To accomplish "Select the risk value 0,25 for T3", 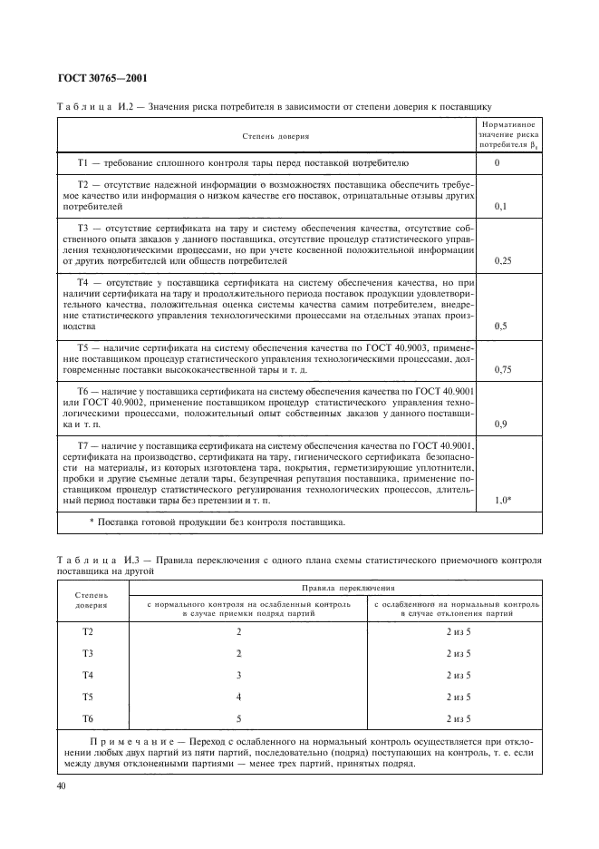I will (504, 260).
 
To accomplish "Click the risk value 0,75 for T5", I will (504, 369).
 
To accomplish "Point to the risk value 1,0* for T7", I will (505, 500).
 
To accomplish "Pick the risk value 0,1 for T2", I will (498, 207).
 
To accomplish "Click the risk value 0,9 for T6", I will (498, 424).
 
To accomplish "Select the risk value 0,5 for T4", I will (498, 325).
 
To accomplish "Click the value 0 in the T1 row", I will (498, 163).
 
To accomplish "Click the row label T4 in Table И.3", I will (88, 675).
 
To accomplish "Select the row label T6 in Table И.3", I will (88, 718).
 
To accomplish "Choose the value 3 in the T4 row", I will (239, 675).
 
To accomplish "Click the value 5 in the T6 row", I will (239, 718).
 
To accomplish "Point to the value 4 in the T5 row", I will (239, 697).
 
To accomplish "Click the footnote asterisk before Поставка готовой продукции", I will (92, 522).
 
